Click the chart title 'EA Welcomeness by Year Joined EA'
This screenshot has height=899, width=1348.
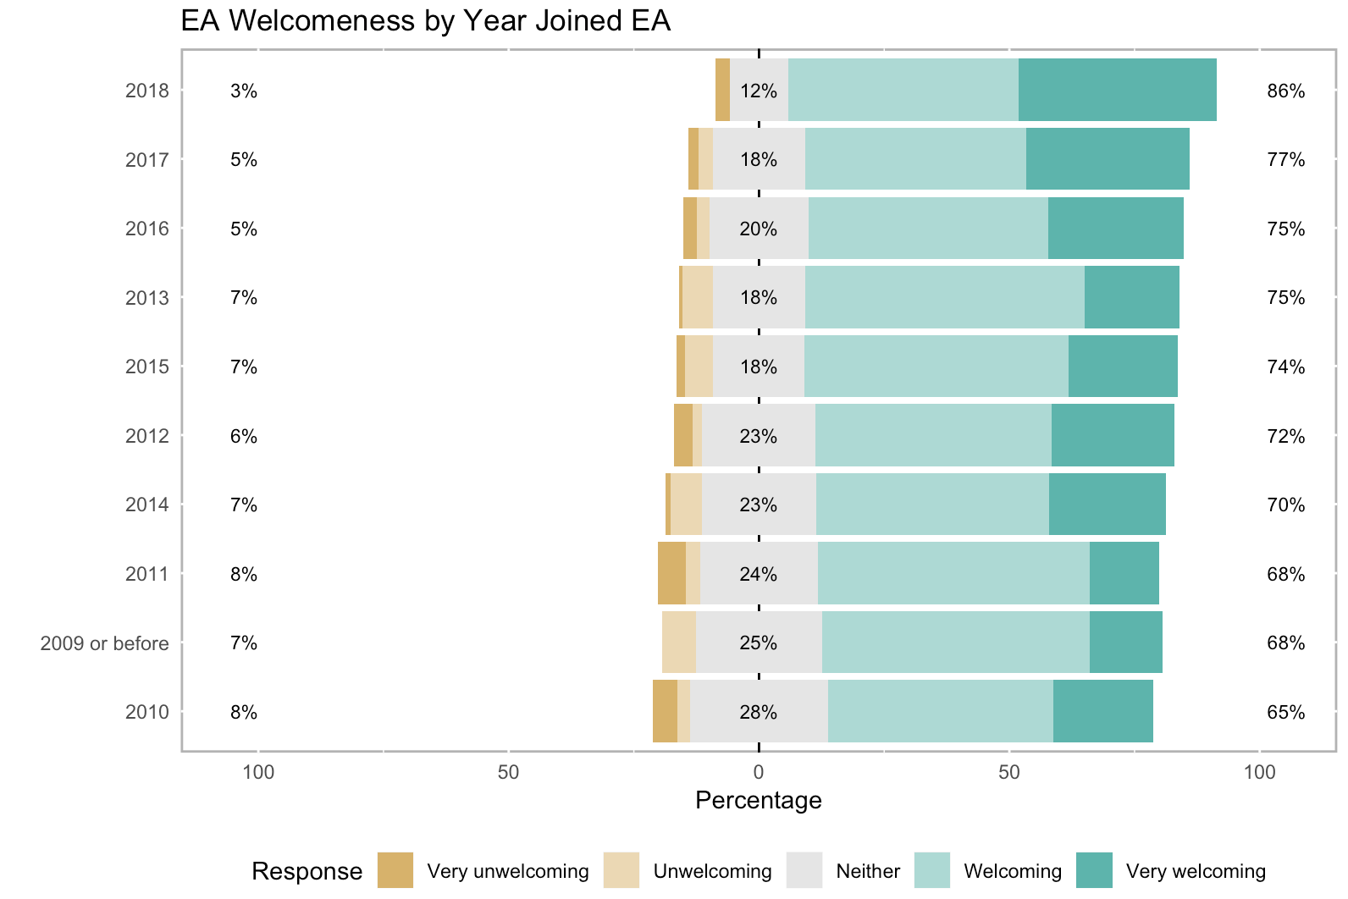[425, 21]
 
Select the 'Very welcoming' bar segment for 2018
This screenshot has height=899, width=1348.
[1117, 90]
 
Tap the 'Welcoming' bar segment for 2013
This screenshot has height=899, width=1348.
[944, 297]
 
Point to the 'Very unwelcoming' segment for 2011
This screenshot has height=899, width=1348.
[671, 573]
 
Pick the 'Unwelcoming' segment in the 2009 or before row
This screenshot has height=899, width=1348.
[679, 643]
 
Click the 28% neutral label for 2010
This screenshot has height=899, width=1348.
[758, 712]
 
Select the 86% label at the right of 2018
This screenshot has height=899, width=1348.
[1285, 91]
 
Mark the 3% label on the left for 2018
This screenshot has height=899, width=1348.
[243, 91]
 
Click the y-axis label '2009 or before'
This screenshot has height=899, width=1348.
[105, 643]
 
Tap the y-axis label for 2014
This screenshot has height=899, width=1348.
[147, 505]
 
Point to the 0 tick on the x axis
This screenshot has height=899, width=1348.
[759, 772]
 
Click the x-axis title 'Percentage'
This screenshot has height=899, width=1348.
[758, 800]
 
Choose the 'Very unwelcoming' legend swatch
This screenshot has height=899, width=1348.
[395, 870]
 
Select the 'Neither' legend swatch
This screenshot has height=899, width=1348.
[804, 870]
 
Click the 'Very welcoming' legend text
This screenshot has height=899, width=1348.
[1196, 871]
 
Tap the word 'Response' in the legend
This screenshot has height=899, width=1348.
[307, 871]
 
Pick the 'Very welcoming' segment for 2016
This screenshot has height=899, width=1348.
[1115, 229]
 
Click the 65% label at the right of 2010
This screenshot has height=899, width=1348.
[1285, 712]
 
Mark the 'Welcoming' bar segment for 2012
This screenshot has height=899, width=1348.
[933, 435]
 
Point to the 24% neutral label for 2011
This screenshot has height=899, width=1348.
[758, 574]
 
